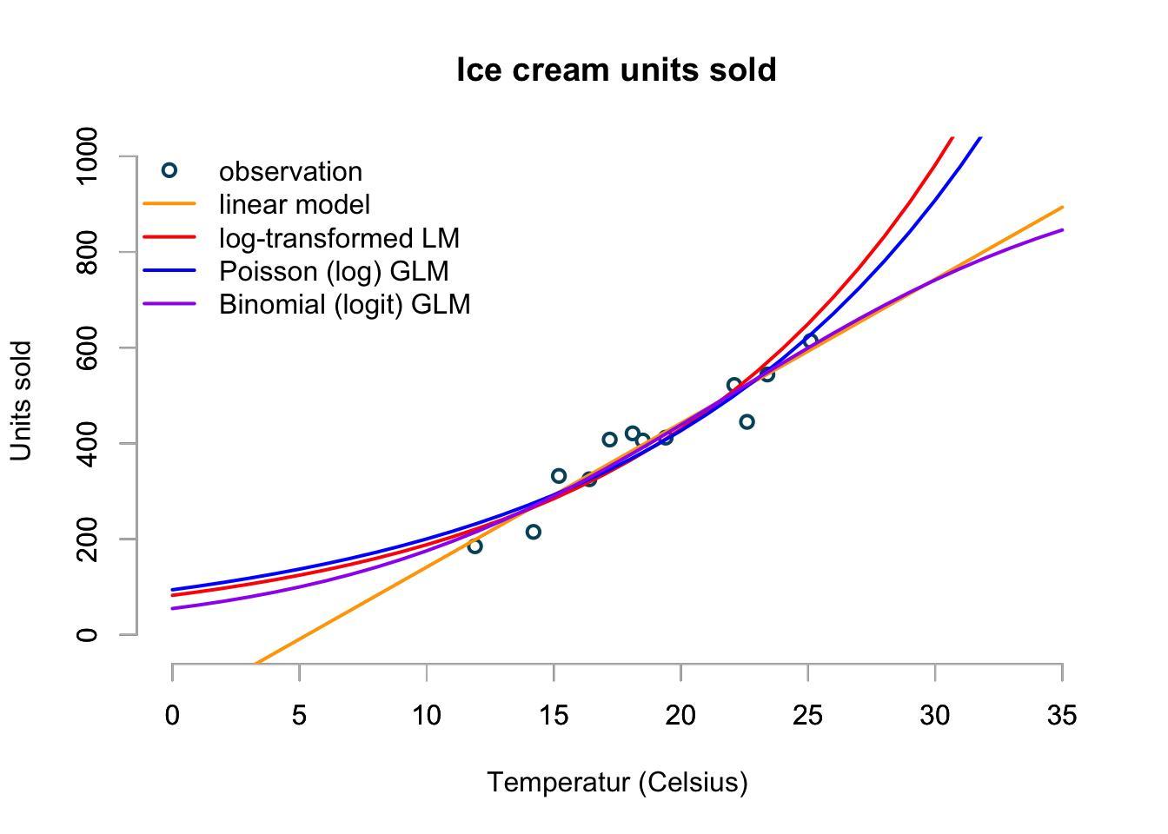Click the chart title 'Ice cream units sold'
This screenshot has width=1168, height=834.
click(616, 70)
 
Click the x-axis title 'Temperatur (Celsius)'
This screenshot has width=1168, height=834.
click(617, 782)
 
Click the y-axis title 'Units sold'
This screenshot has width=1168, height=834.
click(21, 400)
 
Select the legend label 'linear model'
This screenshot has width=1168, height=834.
click(295, 204)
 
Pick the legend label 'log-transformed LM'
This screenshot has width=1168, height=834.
click(339, 238)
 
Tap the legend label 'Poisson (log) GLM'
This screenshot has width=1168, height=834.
click(334, 271)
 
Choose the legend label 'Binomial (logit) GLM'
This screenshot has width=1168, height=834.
click(344, 304)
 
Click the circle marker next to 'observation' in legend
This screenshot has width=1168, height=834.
click(169, 170)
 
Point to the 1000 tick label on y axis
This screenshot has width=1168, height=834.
click(87, 156)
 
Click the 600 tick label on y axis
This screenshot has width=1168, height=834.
click(87, 347)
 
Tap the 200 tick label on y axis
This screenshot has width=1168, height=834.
click(87, 539)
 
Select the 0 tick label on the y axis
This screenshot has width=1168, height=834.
click(87, 635)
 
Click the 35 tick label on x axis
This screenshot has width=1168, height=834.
click(1062, 716)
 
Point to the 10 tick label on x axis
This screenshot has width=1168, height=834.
click(427, 716)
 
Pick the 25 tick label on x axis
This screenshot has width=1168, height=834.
click(808, 716)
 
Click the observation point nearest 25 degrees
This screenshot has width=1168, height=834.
click(810, 341)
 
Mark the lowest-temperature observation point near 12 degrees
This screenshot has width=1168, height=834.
click(474, 546)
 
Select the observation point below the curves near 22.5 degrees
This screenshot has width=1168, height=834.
click(747, 422)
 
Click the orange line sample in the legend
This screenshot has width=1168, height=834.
click(169, 204)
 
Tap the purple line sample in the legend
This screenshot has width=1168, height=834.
click(169, 304)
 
